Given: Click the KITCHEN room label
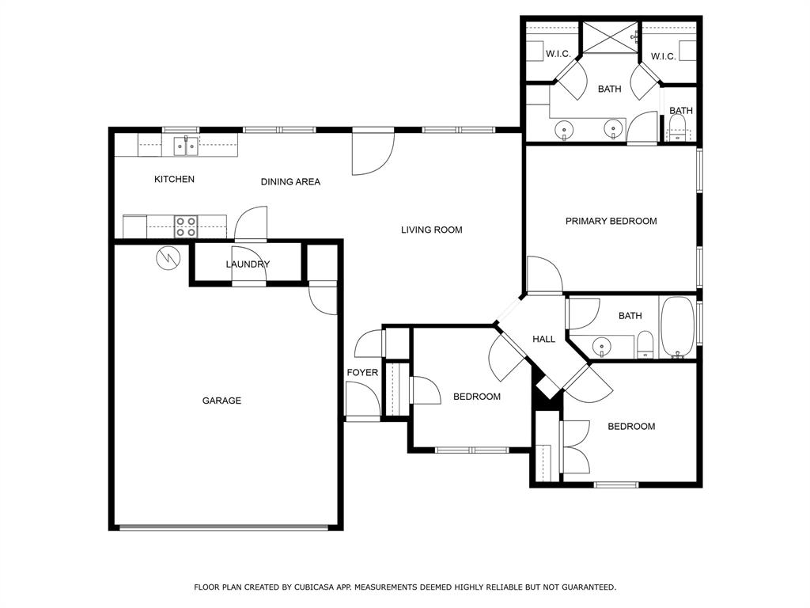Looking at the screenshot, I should pyautogui.click(x=174, y=180).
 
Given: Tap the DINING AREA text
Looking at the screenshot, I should pyautogui.click(x=290, y=182).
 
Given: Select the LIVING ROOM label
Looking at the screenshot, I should pyautogui.click(x=431, y=230).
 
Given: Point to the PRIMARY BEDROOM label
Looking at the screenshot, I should pyautogui.click(x=611, y=222).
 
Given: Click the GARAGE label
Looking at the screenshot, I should pyautogui.click(x=221, y=401).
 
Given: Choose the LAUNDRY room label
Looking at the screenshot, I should pyautogui.click(x=248, y=264).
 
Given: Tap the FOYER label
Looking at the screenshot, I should pyautogui.click(x=362, y=373).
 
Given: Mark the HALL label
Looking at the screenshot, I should pyautogui.click(x=543, y=339).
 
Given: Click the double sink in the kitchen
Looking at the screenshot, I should pyautogui.click(x=187, y=146).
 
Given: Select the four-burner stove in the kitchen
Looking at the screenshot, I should pyautogui.click(x=186, y=227).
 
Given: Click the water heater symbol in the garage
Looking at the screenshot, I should pyautogui.click(x=168, y=258).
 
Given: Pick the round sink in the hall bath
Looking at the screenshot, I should pyautogui.click(x=603, y=346).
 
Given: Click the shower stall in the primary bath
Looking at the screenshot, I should pyautogui.click(x=611, y=36).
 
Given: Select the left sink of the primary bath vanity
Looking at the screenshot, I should pyautogui.click(x=565, y=128).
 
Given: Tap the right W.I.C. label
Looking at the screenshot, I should pyautogui.click(x=663, y=56).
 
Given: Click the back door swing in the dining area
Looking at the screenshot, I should pyautogui.click(x=372, y=152).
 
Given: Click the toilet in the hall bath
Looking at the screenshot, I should pyautogui.click(x=645, y=344).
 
